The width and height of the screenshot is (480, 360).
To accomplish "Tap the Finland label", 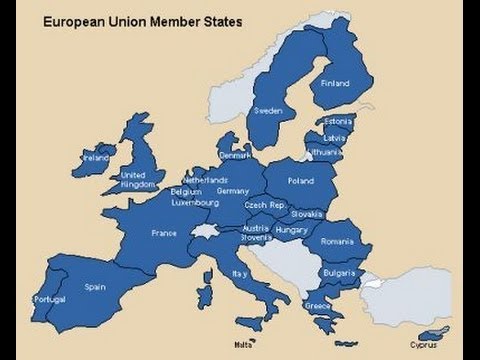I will [335, 84].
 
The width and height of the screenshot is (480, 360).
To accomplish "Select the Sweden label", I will [268, 110].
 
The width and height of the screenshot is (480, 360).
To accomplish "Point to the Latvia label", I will [335, 137].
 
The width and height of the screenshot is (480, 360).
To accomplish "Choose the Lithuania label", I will [326, 151].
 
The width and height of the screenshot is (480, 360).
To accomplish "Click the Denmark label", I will [237, 155].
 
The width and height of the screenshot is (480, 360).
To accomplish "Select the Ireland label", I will [96, 158].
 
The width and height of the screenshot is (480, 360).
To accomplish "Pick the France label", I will [163, 233].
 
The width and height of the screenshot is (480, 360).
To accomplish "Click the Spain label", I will [96, 285].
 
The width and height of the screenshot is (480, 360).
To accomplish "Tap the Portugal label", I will [49, 300].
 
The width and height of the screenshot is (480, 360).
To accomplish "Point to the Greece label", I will [319, 305].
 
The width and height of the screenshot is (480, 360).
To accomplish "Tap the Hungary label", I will [291, 231].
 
